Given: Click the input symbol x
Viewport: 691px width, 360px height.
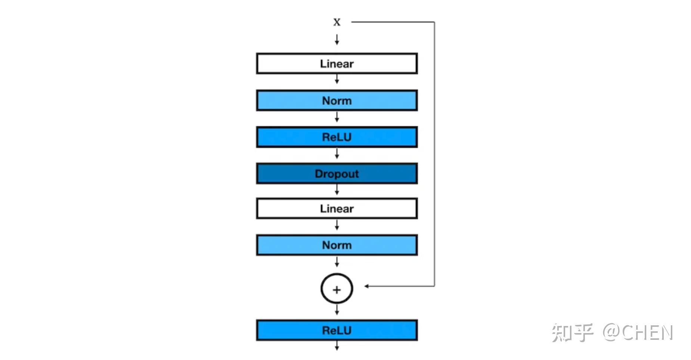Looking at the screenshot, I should point(337,22).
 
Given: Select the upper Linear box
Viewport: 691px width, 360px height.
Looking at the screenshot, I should point(337,63).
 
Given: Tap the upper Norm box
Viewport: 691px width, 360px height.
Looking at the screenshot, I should point(337,100).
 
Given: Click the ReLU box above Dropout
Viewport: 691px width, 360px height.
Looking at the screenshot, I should point(337,137).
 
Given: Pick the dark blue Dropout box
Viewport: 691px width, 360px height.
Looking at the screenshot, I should point(337,174).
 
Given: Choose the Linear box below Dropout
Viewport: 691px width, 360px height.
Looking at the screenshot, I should point(337,208).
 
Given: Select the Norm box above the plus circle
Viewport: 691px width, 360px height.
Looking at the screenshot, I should point(337,245).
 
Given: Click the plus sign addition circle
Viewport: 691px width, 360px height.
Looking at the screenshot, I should point(337,289).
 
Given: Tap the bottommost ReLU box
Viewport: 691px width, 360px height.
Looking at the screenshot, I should point(337,330).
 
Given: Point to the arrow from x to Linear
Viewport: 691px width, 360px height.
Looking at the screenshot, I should point(337,40).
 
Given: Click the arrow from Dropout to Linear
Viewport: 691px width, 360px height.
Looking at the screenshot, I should point(337,190).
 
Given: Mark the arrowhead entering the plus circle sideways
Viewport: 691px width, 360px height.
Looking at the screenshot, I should point(367,286).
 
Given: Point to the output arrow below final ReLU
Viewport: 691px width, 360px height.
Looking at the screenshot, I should point(337,347).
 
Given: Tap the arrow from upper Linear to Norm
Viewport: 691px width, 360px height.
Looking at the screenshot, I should point(337,79).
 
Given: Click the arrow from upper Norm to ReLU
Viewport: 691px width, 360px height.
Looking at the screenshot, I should point(337,118).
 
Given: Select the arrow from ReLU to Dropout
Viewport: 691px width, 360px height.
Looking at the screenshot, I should point(337,154).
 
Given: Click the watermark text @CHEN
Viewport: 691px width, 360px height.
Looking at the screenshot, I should point(638,332).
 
